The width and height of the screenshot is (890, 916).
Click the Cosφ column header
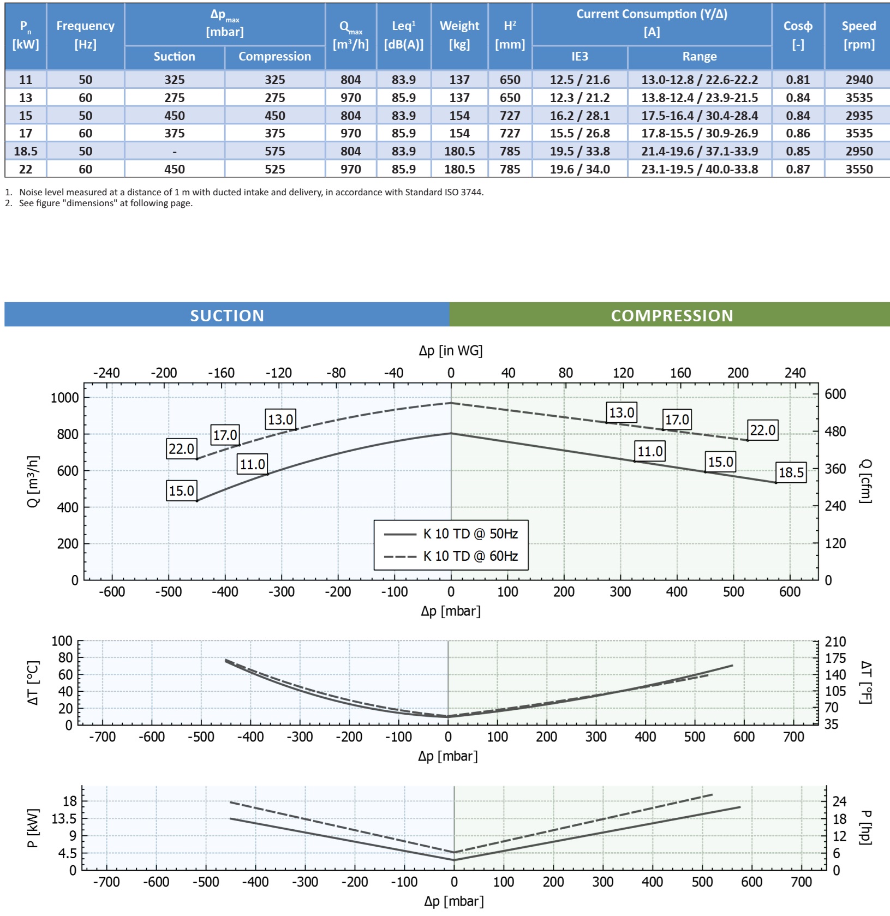pyautogui.click(x=798, y=35)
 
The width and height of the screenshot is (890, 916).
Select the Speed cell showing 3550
pyautogui.click(x=859, y=169)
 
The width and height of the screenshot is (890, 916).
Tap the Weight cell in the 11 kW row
pyautogui.click(x=459, y=80)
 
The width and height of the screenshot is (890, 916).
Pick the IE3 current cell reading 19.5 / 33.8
pyautogui.click(x=580, y=151)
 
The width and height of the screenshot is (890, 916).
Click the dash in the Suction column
pyautogui.click(x=175, y=151)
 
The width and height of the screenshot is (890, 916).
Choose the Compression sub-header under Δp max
pyautogui.click(x=274, y=56)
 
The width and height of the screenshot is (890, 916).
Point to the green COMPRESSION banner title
pyautogui.click(x=672, y=315)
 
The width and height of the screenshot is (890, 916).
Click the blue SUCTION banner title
pyautogui.click(x=227, y=315)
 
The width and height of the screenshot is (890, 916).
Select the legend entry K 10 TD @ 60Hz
pyautogui.click(x=470, y=556)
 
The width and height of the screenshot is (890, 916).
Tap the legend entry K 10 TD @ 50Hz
pyautogui.click(x=470, y=534)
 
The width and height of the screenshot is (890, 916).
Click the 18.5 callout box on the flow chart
pyautogui.click(x=791, y=472)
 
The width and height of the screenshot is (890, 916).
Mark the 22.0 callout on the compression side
pyautogui.click(x=762, y=430)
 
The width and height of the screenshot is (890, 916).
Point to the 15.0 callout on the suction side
pyautogui.click(x=181, y=490)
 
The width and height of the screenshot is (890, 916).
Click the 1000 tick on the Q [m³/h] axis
pyautogui.click(x=65, y=398)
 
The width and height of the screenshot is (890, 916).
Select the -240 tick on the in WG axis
pyautogui.click(x=106, y=373)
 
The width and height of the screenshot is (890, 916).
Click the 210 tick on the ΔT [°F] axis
pyautogui.click(x=835, y=642)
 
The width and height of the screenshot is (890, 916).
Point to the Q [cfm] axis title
pyautogui.click(x=865, y=481)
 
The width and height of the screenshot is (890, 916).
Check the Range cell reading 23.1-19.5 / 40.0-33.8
pyautogui.click(x=700, y=169)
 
